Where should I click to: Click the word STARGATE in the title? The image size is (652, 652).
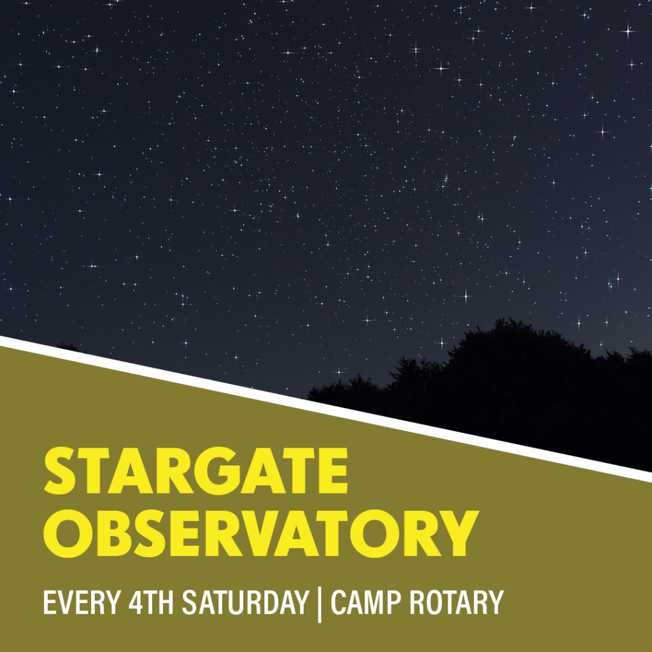coord(195,471)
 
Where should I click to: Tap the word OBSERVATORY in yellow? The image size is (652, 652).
coord(261,533)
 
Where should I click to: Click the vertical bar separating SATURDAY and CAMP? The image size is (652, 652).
coord(320,604)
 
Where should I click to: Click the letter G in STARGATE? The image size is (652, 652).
coord(218,471)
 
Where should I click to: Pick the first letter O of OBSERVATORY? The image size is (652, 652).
coord(66,533)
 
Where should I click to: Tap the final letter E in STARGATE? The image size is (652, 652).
coord(332,471)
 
